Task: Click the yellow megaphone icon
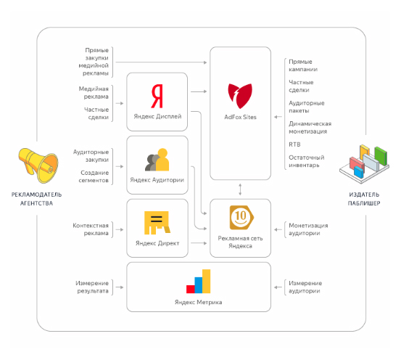pos(38,165)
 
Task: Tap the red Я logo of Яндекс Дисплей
pos(157,96)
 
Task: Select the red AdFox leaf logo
pos(240,96)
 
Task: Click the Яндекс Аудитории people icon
pos(157,160)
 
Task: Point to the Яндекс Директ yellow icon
pos(157,223)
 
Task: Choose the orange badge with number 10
pos(241,218)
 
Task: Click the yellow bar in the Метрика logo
pos(207,281)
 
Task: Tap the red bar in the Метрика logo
pos(191,289)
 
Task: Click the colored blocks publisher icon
pos(364,164)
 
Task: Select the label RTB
pos(294,144)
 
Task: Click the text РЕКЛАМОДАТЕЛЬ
pos(36,195)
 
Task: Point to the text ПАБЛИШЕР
pos(364,203)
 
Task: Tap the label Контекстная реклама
pos(91,229)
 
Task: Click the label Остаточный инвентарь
pos(307,161)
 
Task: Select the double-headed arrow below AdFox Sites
pos(240,189)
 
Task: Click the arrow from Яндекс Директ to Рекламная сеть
pos(199,243)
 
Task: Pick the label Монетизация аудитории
pos(308,229)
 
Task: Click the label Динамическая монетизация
pos(310,128)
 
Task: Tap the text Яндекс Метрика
pos(199,302)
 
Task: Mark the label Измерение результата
pos(92,287)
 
